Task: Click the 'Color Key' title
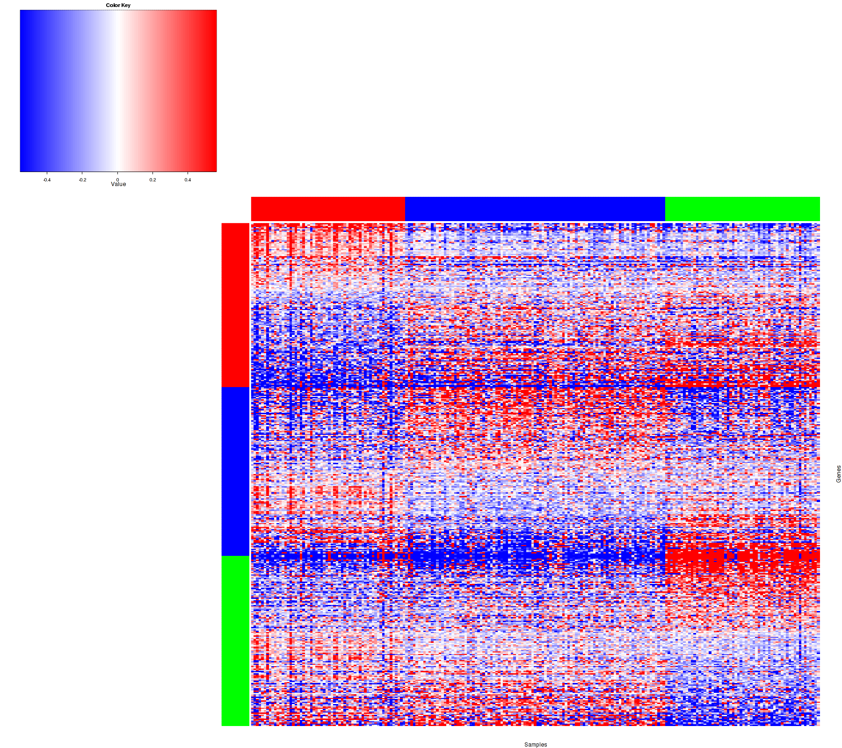118,6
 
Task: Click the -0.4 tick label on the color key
47,180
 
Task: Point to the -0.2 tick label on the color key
82,180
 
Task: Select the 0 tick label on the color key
117,180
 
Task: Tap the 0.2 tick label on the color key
152,180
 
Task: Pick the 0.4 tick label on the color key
188,180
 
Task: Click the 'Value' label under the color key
118,184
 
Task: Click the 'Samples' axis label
536,745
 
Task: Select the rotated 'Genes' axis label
838,474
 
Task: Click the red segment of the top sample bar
327,209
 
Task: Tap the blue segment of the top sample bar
535,209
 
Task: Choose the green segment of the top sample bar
742,209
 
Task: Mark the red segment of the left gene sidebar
235,305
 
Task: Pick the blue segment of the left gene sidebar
235,471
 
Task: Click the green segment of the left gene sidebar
235,640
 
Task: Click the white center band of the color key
117,91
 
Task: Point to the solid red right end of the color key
210,91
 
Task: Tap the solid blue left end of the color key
26,91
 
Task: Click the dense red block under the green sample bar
742,559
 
